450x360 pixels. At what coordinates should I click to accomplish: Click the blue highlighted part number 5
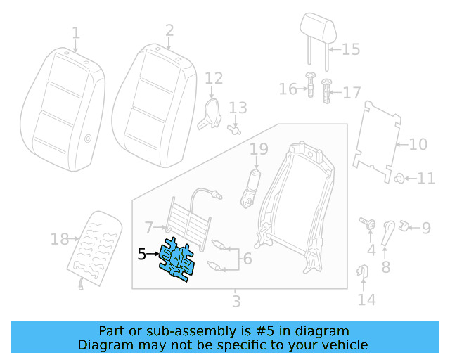pos(176,261)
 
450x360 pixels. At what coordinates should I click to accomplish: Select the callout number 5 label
pos(141,255)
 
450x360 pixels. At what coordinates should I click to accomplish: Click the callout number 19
pos(259,149)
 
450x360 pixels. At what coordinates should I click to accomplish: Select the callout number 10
pos(418,145)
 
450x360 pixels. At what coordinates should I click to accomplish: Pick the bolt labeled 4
pos(367,222)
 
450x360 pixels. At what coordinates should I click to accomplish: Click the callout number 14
pos(366,300)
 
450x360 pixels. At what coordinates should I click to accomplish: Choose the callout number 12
pos(214,78)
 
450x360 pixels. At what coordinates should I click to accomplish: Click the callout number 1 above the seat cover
pos(76,32)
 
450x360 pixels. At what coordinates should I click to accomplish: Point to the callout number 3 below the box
pos(236,302)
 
